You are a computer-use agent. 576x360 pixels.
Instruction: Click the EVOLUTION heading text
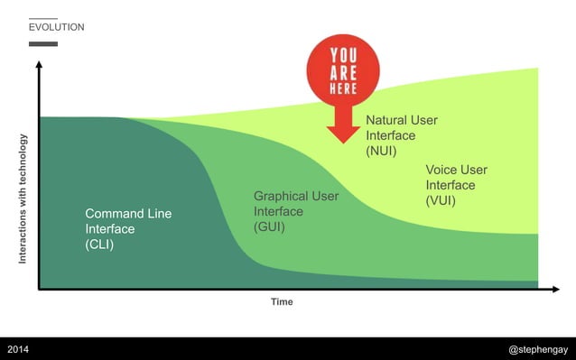pyautogui.click(x=56, y=27)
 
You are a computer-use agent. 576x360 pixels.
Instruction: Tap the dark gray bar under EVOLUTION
pyautogui.click(x=42, y=43)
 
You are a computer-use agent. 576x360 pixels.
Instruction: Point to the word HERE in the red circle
pyautogui.click(x=343, y=88)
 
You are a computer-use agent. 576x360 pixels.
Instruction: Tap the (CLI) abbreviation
pyautogui.click(x=99, y=245)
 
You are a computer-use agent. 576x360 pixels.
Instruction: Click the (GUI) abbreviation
pyautogui.click(x=269, y=227)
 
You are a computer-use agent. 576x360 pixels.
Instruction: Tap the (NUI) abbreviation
pyautogui.click(x=381, y=151)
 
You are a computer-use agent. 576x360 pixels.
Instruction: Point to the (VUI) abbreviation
pyautogui.click(x=441, y=201)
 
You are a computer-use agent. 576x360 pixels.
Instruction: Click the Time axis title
pyautogui.click(x=282, y=302)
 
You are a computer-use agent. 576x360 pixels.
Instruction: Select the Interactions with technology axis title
pyautogui.click(x=23, y=198)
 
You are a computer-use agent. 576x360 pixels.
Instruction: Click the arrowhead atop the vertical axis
pyautogui.click(x=39, y=66)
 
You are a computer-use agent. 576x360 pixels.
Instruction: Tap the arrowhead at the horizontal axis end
pyautogui.click(x=555, y=289)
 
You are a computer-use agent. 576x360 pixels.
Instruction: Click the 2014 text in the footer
pyautogui.click(x=19, y=348)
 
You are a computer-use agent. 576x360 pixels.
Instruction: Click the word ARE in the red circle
pyautogui.click(x=343, y=71)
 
